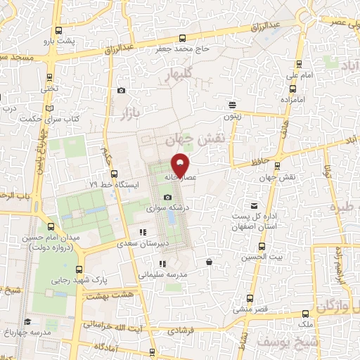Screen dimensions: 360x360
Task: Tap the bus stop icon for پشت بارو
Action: tap(58, 31)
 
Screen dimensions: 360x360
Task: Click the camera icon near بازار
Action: tap(122, 91)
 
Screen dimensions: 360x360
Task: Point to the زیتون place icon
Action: tap(232, 105)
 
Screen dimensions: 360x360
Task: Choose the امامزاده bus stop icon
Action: tap(292, 89)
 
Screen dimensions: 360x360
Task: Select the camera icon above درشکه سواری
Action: tap(167, 197)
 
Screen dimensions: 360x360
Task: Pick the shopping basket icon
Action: tap(209, 262)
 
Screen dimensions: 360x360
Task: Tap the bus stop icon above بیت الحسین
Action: tap(262, 247)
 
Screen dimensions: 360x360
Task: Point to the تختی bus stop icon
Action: tap(49, 77)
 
